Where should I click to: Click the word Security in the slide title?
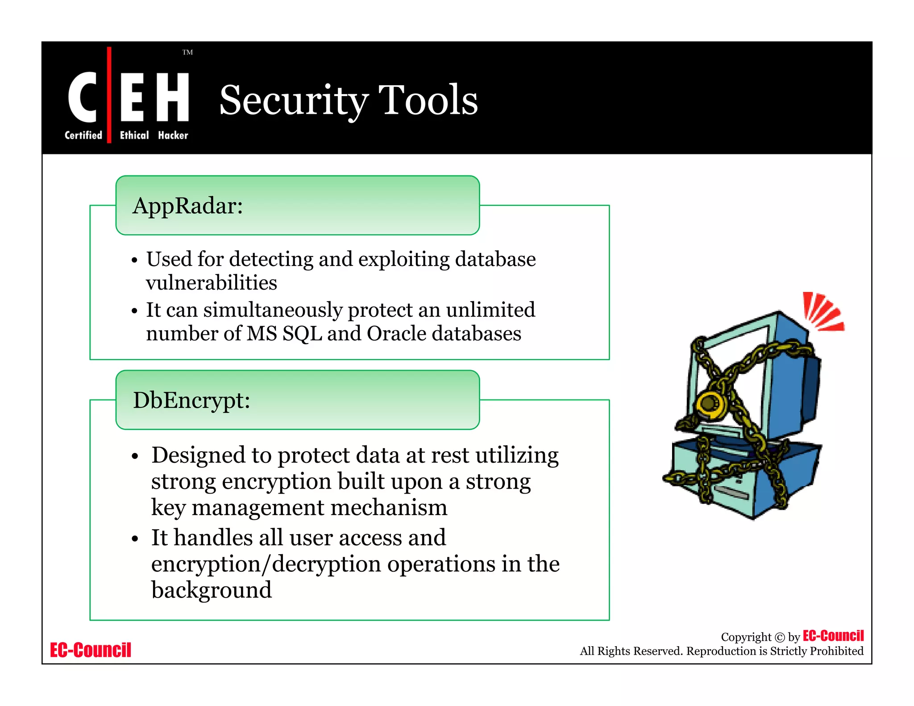click(x=293, y=100)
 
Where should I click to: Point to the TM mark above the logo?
click(x=187, y=52)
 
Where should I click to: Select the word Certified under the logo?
click(x=83, y=135)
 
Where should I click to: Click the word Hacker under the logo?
click(x=173, y=135)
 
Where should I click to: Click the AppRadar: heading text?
click(x=187, y=206)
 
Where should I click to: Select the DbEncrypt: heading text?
click(x=191, y=400)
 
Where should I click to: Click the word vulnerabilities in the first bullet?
click(x=212, y=283)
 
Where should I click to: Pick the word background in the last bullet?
click(x=212, y=590)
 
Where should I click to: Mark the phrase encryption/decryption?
click(x=266, y=564)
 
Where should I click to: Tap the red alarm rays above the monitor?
click(x=823, y=311)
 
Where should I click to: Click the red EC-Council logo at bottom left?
click(x=91, y=650)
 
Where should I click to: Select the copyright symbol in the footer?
click(x=780, y=637)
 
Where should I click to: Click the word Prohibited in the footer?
click(x=836, y=651)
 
